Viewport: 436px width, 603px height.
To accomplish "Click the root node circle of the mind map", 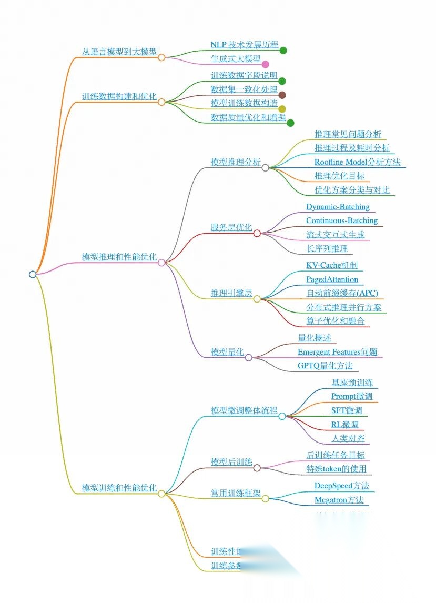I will (x=33, y=274).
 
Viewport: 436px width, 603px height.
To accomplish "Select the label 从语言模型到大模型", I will (x=119, y=52).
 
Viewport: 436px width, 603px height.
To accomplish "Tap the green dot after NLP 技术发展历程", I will (x=283, y=51).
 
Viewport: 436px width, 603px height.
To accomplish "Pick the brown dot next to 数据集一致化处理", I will (x=282, y=95).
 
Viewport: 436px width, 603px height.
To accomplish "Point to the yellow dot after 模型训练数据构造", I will (x=282, y=109).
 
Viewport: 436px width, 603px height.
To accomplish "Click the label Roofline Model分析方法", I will (x=357, y=162).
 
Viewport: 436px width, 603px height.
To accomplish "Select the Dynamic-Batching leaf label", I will (x=338, y=207).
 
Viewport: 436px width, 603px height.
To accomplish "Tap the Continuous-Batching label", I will (x=342, y=220).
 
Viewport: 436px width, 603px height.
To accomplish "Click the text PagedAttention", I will (x=332, y=279).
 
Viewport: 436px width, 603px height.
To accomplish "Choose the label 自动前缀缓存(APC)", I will (x=342, y=293).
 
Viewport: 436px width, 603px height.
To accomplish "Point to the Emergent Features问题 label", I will (x=337, y=352).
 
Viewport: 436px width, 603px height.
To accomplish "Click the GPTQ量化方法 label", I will (x=325, y=366).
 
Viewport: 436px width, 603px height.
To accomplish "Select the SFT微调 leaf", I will (x=347, y=410).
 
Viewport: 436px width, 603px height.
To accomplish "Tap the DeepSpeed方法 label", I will (x=341, y=486).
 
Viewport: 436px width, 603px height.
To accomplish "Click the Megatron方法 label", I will (x=339, y=500).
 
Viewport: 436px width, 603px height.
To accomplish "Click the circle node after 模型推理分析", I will (x=266, y=168).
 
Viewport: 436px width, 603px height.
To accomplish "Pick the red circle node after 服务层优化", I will (x=257, y=233).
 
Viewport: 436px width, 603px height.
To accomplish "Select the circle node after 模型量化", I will (x=249, y=358).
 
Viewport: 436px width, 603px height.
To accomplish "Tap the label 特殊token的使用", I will (x=336, y=469).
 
